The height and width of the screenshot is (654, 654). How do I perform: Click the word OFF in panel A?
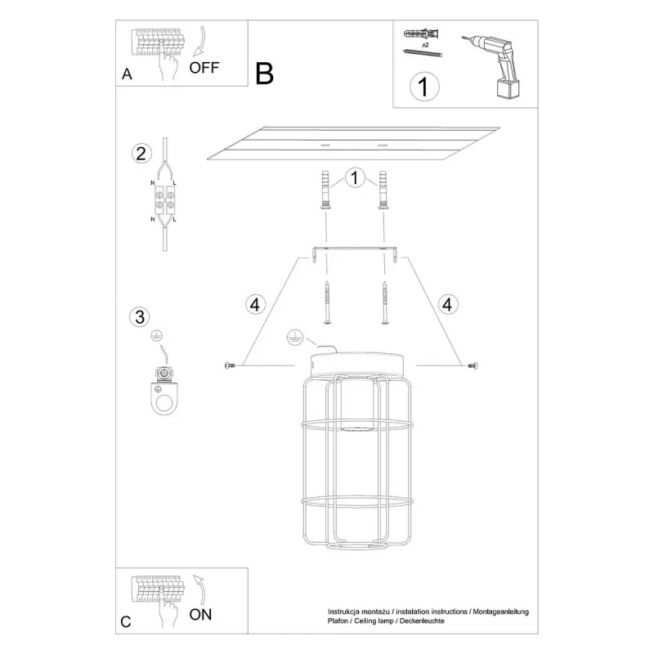[x=204, y=68]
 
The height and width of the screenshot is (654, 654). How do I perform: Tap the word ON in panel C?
[x=200, y=615]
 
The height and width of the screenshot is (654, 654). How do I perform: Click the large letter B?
[x=264, y=74]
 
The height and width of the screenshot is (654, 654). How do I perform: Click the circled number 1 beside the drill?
[x=424, y=87]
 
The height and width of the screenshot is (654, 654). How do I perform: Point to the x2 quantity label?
[x=425, y=45]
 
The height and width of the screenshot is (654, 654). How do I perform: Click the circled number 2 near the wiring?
[x=141, y=154]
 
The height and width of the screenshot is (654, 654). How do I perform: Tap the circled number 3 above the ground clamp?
[x=140, y=316]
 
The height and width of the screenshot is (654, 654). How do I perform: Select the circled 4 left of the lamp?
[x=255, y=304]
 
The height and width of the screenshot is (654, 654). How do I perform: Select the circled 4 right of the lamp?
[x=447, y=304]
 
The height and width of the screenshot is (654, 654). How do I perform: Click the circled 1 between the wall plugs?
[x=355, y=178]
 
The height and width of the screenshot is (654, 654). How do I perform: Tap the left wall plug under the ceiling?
[x=325, y=190]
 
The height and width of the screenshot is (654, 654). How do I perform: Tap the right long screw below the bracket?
[x=384, y=302]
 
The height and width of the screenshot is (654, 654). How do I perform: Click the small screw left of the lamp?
[x=230, y=365]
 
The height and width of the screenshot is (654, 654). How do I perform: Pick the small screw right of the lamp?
[x=473, y=365]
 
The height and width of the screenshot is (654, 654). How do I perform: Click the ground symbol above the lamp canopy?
[x=295, y=338]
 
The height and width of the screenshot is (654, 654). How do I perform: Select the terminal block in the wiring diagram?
[x=165, y=199]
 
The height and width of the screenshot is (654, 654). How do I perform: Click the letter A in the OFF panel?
[x=127, y=74]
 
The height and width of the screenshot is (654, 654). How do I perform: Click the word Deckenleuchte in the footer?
[x=422, y=621]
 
